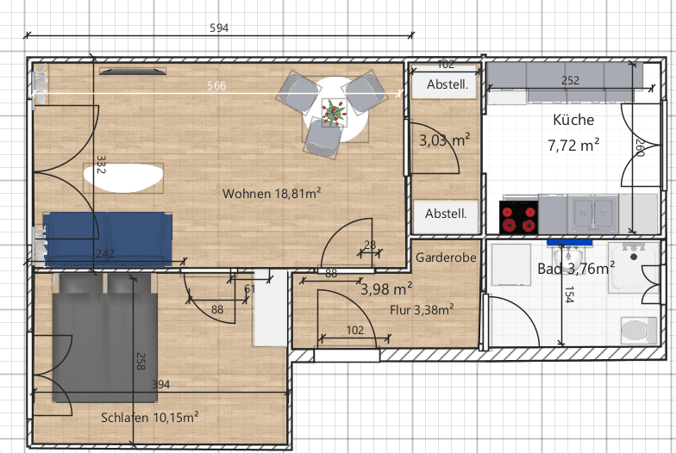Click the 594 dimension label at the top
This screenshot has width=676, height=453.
point(219,28)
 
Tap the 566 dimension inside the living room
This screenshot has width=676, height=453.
point(216,86)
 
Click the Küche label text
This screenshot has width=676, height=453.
point(573,120)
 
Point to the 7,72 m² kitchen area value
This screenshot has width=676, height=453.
point(573,146)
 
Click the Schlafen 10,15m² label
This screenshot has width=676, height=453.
point(150,418)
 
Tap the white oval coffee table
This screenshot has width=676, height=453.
point(124,178)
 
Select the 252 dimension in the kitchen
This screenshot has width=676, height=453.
point(570,81)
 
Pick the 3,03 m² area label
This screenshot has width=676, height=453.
point(444,140)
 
